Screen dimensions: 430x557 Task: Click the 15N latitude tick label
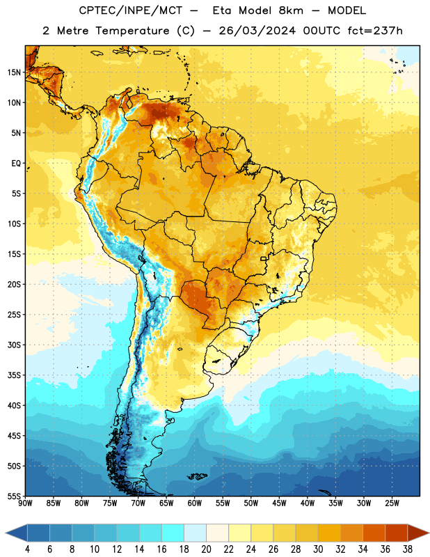[x=14, y=72]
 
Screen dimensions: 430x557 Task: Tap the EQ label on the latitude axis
[x=16, y=164]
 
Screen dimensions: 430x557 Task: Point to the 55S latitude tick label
[x=14, y=496]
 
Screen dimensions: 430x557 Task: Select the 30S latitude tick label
[x=14, y=345]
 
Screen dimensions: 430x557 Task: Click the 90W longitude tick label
[x=25, y=503]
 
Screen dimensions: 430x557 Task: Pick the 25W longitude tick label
[x=392, y=503]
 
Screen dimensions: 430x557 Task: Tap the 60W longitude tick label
[x=195, y=503]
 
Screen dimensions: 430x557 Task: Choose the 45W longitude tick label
[x=279, y=503]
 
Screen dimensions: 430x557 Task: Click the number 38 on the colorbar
[x=408, y=549]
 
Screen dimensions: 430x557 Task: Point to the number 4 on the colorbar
[x=27, y=549]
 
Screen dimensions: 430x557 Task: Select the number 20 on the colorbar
[x=206, y=549]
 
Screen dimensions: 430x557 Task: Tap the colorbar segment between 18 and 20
[x=195, y=533]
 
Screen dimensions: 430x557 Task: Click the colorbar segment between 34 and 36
[x=374, y=533]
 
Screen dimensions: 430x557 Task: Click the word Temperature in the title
[x=132, y=31]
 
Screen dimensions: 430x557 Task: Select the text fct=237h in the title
[x=375, y=31]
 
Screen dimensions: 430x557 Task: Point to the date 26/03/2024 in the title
[x=257, y=31]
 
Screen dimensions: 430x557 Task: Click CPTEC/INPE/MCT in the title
[x=131, y=10]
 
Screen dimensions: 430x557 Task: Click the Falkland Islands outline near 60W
[x=197, y=476]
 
